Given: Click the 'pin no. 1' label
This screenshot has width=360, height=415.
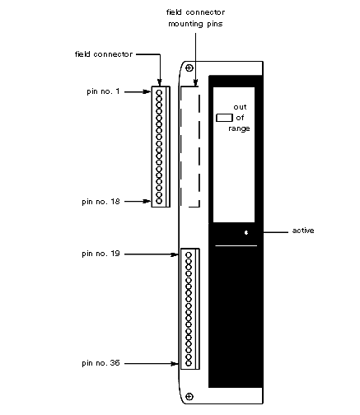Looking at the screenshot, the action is [103, 91].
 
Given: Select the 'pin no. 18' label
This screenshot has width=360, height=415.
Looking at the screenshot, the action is [101, 202].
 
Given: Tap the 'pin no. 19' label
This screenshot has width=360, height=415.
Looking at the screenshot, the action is [101, 254].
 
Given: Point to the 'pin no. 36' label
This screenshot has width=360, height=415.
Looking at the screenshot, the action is [101, 363].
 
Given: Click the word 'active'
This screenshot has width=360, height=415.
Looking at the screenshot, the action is [303, 231].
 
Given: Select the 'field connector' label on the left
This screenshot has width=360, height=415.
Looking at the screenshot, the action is [104, 54].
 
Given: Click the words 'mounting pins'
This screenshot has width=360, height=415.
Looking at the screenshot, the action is [195, 24].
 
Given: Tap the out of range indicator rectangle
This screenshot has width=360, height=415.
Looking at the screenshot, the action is [224, 118].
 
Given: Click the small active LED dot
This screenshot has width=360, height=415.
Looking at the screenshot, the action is [246, 233].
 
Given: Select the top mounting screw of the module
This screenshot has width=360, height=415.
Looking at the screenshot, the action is [189, 68].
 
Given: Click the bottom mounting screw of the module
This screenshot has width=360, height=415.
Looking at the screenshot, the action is [189, 396].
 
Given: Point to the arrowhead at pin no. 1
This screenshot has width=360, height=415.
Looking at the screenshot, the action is [147, 91].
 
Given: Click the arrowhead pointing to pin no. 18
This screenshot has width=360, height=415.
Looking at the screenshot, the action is [147, 201].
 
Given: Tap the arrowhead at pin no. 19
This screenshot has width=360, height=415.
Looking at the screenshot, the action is [175, 254].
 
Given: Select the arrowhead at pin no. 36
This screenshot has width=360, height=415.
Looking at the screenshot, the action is [175, 364].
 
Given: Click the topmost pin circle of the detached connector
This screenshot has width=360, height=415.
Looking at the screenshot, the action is [159, 93].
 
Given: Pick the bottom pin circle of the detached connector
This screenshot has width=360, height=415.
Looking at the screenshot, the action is [159, 201].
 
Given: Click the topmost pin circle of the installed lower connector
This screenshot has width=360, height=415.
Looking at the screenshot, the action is [189, 255].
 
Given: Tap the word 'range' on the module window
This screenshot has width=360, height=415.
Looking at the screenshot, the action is [239, 128].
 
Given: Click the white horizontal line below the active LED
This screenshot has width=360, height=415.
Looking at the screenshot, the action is [236, 245].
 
